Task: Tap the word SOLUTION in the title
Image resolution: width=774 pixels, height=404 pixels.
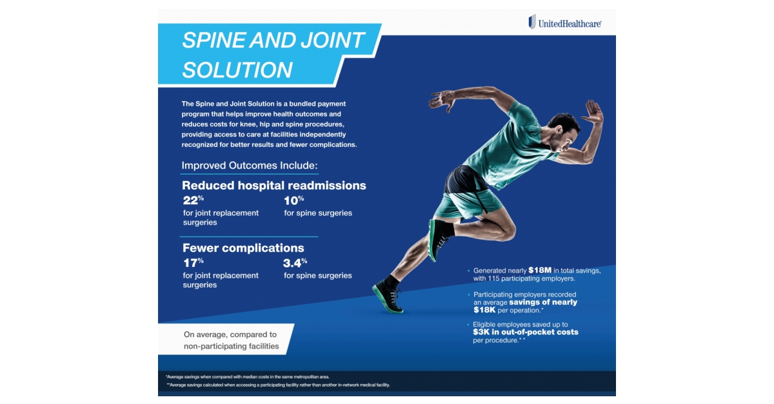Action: click(237, 70)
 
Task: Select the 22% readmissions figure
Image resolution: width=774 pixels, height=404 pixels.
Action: click(193, 200)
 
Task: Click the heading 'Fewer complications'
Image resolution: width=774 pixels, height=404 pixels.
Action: click(243, 248)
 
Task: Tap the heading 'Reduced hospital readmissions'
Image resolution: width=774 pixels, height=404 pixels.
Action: click(274, 186)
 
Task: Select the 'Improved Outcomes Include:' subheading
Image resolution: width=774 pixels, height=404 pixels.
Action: click(250, 166)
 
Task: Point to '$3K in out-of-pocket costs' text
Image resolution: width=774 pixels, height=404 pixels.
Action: click(526, 332)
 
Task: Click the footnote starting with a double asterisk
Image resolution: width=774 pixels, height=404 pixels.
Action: click(277, 385)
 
